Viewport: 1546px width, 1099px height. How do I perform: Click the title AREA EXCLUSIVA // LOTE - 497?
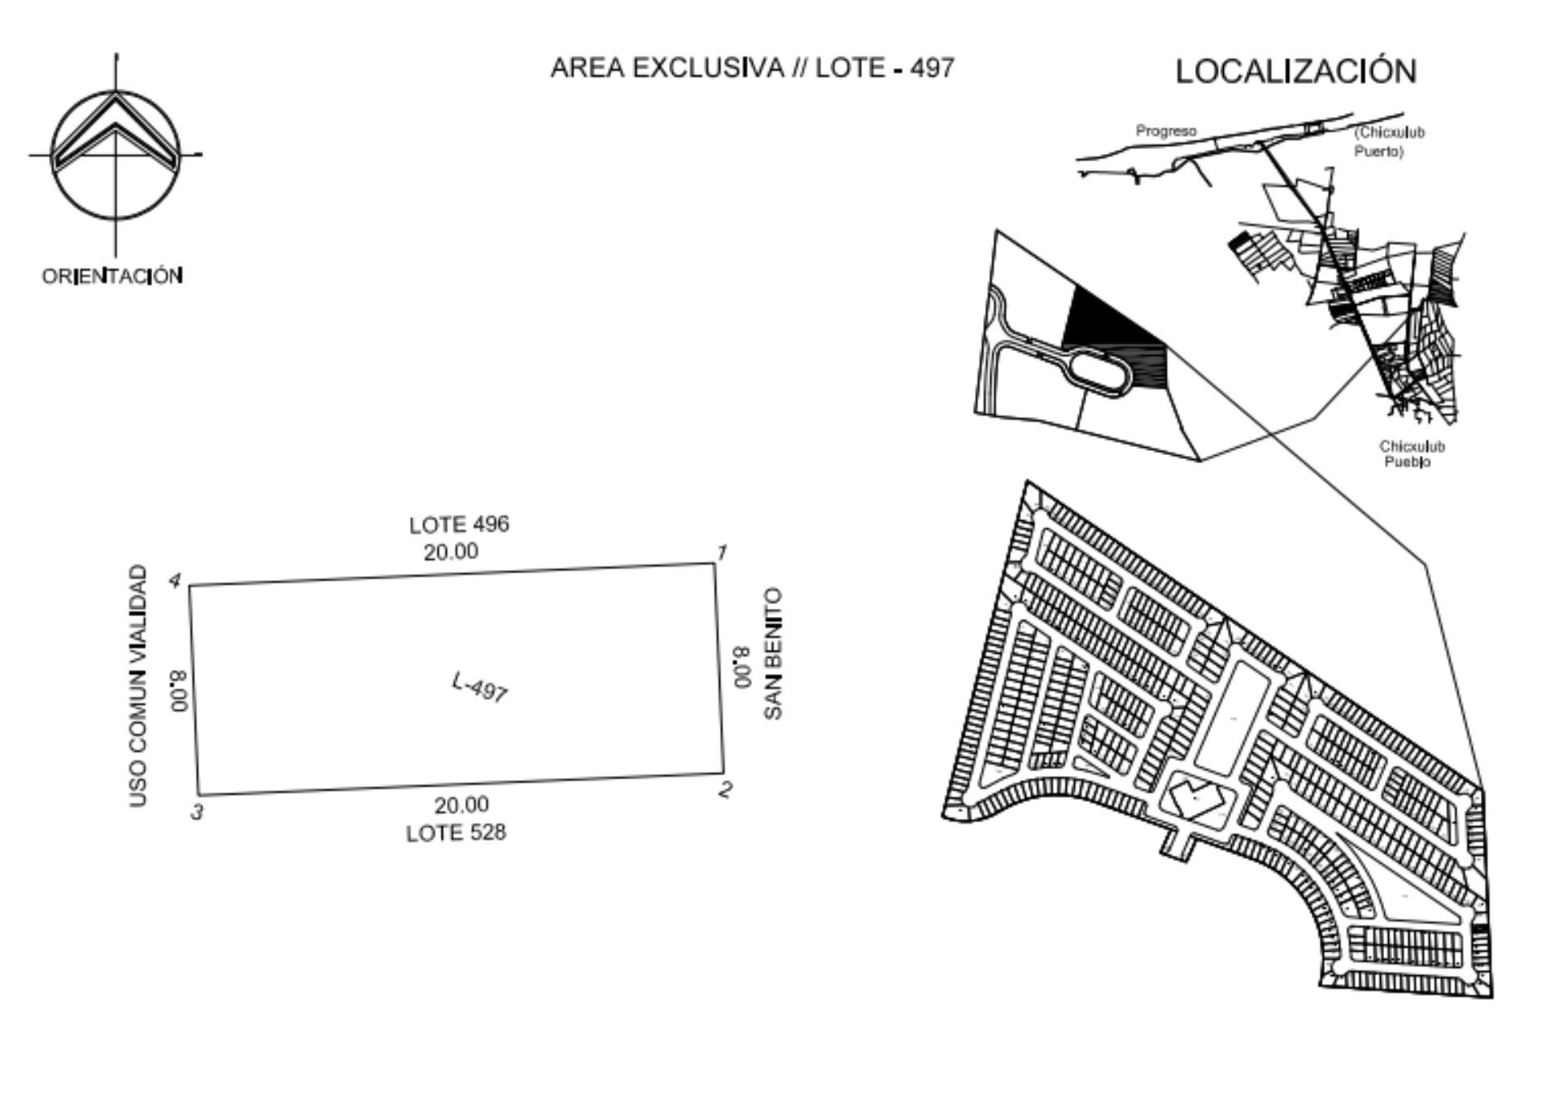(752, 68)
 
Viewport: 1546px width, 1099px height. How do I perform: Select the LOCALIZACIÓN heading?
(1295, 71)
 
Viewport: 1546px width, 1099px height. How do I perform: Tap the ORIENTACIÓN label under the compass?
(112, 276)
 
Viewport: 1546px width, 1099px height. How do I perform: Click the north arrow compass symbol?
(116, 155)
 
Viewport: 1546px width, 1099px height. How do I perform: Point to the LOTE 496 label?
(459, 524)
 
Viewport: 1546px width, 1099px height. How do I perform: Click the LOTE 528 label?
(456, 833)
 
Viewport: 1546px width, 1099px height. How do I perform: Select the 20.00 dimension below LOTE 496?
(451, 552)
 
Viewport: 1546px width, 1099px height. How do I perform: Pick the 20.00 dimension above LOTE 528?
(461, 805)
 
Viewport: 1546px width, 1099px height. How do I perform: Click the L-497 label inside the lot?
(480, 687)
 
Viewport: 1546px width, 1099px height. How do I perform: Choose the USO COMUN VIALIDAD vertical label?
(139, 686)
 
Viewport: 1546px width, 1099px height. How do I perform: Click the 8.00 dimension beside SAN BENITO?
(742, 667)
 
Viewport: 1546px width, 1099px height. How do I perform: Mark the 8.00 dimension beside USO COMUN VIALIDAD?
(179, 690)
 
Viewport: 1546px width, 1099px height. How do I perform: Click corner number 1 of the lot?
(721, 553)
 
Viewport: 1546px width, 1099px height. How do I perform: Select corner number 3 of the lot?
(196, 812)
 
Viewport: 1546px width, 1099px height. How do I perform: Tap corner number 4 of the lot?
(174, 580)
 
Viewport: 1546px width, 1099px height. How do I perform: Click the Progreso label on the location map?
(1166, 131)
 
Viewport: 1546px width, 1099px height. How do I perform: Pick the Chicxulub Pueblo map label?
(1412, 454)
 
